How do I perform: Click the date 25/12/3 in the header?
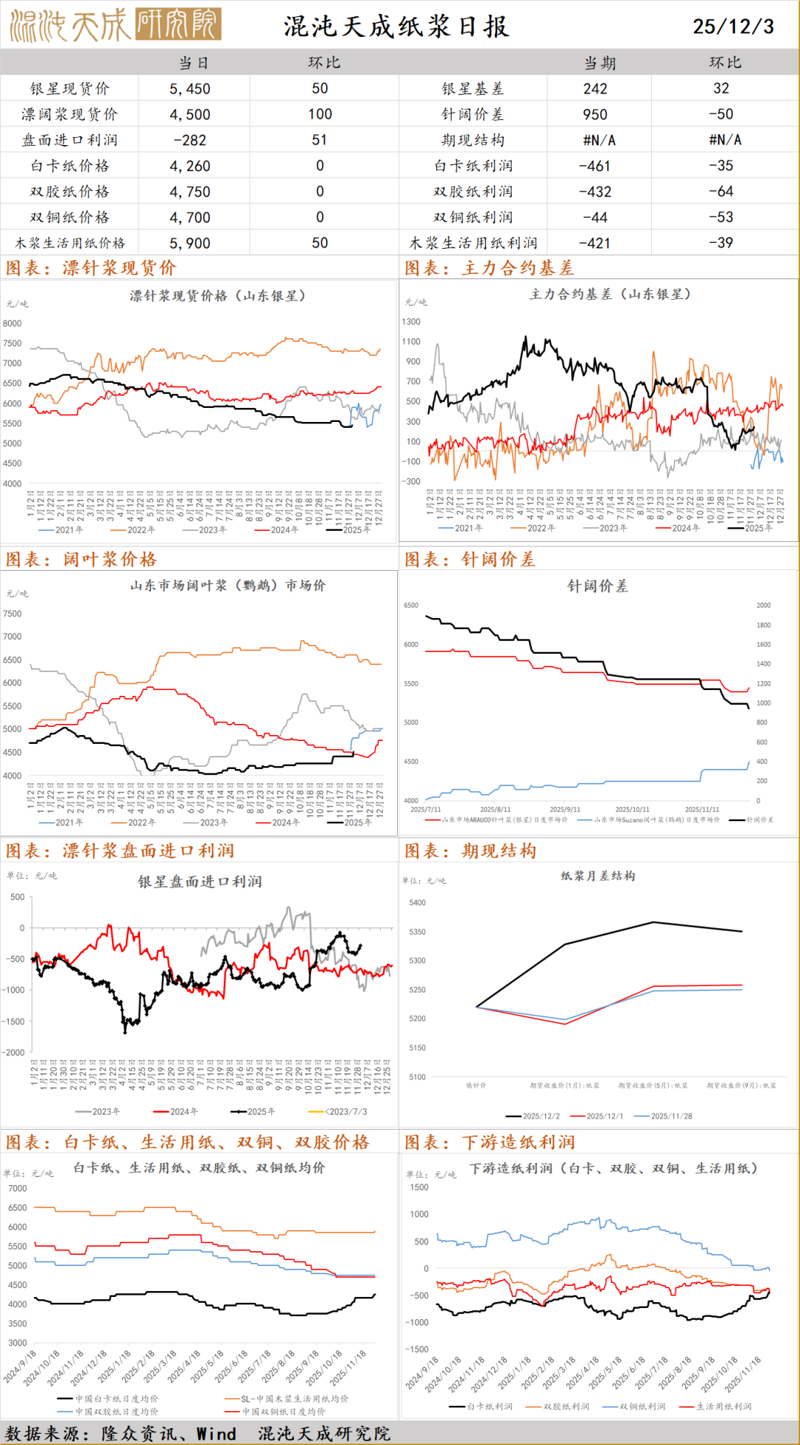point(733,27)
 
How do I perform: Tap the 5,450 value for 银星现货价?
point(190,89)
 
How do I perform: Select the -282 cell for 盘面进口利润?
point(190,140)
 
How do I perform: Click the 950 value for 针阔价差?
point(595,115)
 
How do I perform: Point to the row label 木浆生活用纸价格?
point(70,243)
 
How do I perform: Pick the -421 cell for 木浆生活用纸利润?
point(595,243)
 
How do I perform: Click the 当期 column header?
point(599,63)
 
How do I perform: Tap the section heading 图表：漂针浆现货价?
point(90,268)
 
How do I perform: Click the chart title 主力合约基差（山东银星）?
point(610,294)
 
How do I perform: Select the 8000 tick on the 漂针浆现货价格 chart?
point(13,323)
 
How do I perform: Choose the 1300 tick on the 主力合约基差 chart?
point(411,322)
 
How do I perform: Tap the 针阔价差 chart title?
point(597,586)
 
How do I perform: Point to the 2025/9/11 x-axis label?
point(565,810)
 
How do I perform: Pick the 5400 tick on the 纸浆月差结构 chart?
point(417,903)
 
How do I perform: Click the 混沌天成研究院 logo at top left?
point(116,26)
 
